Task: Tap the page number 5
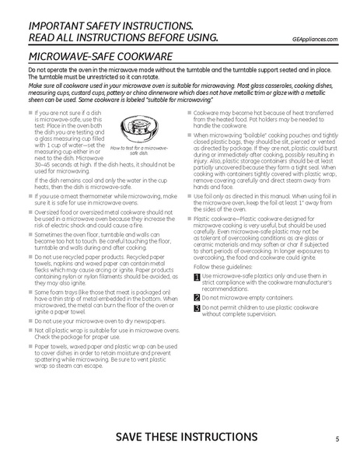tap(337, 439)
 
